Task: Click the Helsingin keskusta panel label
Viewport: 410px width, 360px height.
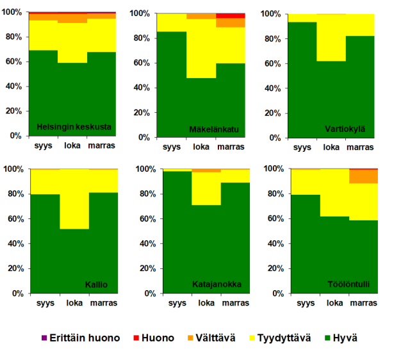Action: [74, 126]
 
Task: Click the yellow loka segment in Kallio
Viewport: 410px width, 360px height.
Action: [74, 199]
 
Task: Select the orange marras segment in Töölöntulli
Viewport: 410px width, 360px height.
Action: [363, 176]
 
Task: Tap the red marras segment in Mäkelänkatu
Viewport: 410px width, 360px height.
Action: [231, 15]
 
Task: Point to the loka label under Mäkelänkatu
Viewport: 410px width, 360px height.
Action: [201, 147]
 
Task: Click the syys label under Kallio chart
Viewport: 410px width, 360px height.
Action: [45, 304]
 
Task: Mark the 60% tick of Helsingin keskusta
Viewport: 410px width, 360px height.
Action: [15, 62]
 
